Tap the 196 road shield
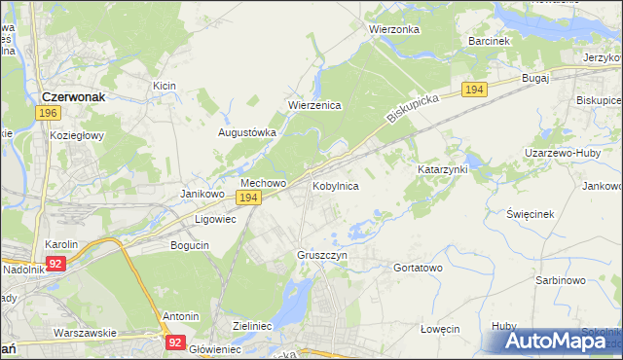(x=48, y=114)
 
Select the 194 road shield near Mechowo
(x=248, y=198)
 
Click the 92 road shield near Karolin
(x=55, y=263)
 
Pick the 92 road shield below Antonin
(x=175, y=342)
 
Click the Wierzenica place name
(x=313, y=106)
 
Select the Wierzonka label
(x=393, y=29)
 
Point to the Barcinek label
(x=489, y=42)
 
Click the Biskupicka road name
(x=413, y=107)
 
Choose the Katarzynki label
(x=443, y=169)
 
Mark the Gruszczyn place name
(x=321, y=255)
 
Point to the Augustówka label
(x=247, y=132)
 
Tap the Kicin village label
(x=164, y=87)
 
